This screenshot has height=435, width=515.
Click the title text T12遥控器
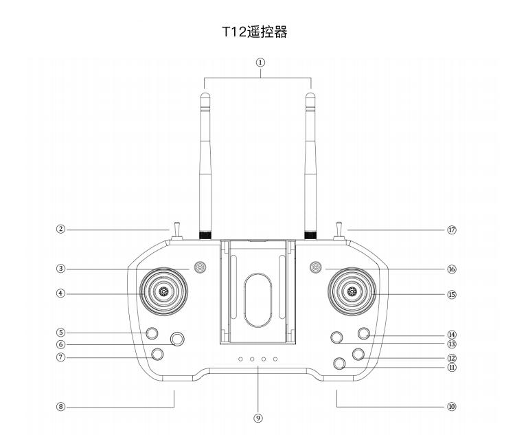[255, 32]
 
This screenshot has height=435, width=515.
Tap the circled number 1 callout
[260, 63]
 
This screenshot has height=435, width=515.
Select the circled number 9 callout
[258, 419]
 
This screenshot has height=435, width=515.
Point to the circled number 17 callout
[452, 230]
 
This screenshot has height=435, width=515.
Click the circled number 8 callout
[60, 407]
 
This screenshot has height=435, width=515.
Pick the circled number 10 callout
[452, 407]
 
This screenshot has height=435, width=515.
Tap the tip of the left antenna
[205, 93]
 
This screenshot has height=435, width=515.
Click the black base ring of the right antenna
[310, 236]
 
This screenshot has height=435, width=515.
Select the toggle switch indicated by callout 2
[176, 232]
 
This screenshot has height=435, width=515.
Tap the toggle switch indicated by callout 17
[339, 232]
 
